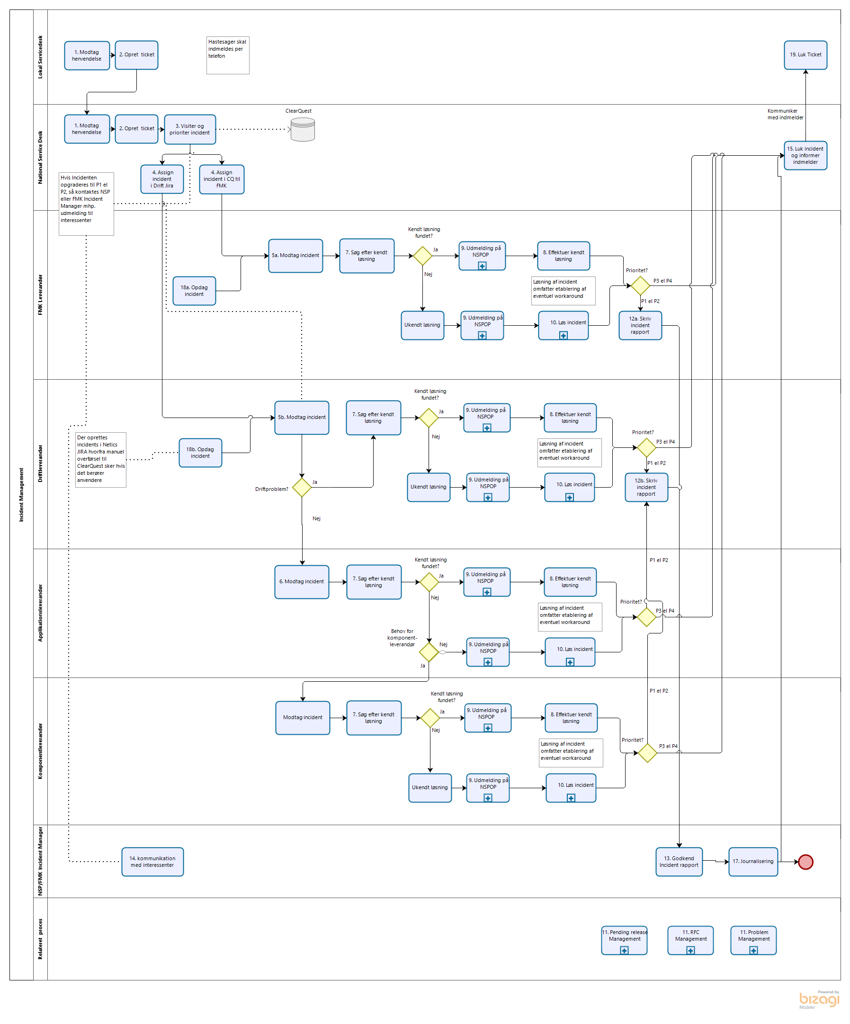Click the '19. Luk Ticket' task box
coord(805,55)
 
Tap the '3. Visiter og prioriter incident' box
coord(190,130)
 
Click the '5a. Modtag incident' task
coord(295,256)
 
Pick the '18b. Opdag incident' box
coord(200,453)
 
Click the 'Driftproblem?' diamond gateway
coord(302,487)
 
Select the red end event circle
coord(805,862)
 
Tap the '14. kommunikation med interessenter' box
coord(152,862)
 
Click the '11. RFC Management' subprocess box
coord(690,940)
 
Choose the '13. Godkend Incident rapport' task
coord(679,862)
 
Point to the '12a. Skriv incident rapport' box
coord(640,326)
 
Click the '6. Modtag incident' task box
coord(302,582)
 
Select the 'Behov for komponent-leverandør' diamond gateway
coord(429,652)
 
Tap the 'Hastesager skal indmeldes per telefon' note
coord(228,55)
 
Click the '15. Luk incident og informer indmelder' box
coord(805,156)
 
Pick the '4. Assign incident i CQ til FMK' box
coord(222,179)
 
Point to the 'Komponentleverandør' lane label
coord(40,751)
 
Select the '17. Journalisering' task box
coord(753,862)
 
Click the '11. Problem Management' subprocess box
coord(753,940)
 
